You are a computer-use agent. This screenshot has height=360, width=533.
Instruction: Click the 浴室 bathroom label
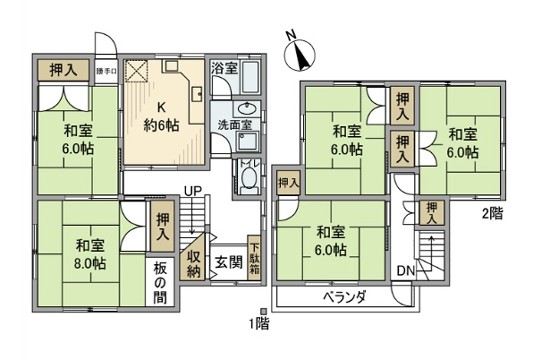coord(224,69)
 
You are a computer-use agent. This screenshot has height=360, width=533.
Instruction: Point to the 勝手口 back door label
coord(107,71)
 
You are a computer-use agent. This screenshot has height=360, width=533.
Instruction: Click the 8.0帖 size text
coord(88,264)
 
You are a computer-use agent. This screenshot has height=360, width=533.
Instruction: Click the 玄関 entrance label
coord(228,263)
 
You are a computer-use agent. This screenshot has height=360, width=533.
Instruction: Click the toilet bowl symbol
coord(248,179)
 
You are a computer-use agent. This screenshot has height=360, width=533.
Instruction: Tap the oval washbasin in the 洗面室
coord(246,111)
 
